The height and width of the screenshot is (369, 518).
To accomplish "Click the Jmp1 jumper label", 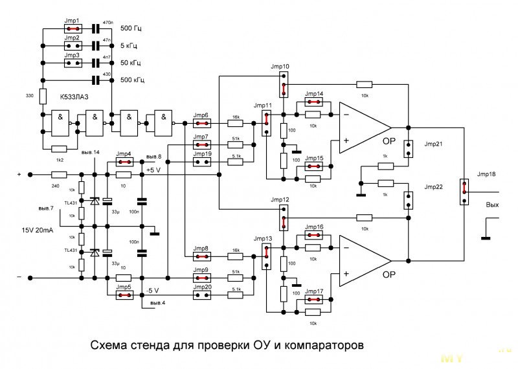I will [73, 21].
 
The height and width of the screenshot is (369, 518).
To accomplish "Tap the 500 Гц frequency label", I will [132, 28].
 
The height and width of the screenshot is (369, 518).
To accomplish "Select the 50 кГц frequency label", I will [133, 63].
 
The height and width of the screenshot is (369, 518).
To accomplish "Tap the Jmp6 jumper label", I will [201, 115].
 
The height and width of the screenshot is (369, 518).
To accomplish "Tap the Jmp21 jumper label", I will [433, 144].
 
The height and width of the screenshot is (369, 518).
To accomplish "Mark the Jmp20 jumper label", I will [203, 286].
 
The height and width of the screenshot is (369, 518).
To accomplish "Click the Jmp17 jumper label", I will [314, 291].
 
